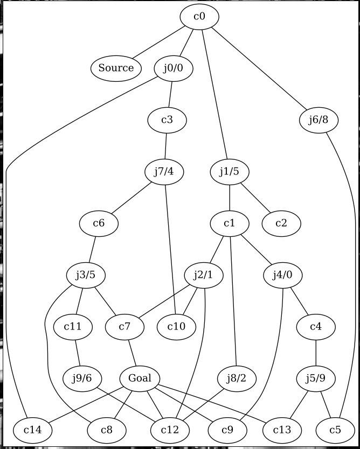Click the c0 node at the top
(199, 17)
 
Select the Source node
(116, 68)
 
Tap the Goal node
(140, 378)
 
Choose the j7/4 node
(165, 172)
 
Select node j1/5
(230, 172)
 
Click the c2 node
(281, 223)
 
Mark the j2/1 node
(203, 275)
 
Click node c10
(177, 327)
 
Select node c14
(26, 430)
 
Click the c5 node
(335, 430)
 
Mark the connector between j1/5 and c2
(255, 198)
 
